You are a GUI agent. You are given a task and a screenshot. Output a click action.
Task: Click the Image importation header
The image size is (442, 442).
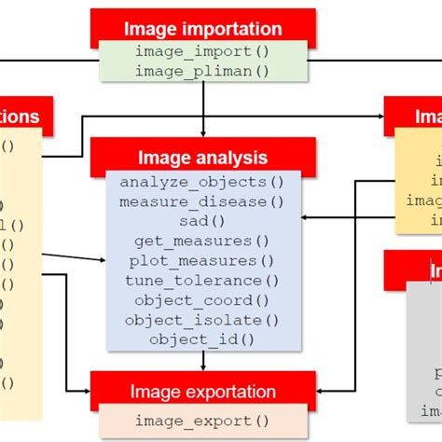point(202,29)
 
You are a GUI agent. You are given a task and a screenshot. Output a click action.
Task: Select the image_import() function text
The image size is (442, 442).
point(202,51)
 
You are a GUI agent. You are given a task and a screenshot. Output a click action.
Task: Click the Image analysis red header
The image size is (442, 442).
point(202,159)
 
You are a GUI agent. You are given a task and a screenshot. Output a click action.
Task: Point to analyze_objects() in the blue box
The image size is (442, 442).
point(202,182)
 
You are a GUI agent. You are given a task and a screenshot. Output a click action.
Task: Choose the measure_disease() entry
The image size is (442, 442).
point(202,201)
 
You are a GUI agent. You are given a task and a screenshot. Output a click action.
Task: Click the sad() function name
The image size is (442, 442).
point(202,221)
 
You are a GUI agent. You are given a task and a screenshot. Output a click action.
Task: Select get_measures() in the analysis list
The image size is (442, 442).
point(202,241)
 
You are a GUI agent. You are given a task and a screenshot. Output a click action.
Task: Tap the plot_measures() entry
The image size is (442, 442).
point(202,260)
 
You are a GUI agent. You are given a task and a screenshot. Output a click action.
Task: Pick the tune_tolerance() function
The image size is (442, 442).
point(202,280)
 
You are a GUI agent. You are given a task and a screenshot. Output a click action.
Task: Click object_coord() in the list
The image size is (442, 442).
point(202,299)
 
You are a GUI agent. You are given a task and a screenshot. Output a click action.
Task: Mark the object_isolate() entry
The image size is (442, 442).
point(202,319)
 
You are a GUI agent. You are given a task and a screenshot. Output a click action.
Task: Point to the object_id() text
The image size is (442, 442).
point(202,338)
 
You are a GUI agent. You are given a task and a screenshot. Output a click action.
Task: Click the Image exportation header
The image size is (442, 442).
point(202,392)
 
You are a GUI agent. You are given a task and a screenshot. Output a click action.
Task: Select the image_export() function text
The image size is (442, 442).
point(202,420)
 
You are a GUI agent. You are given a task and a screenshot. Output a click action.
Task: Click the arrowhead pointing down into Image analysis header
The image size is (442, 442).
point(202,133)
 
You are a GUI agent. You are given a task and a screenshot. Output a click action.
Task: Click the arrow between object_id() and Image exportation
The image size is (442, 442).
point(202,360)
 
